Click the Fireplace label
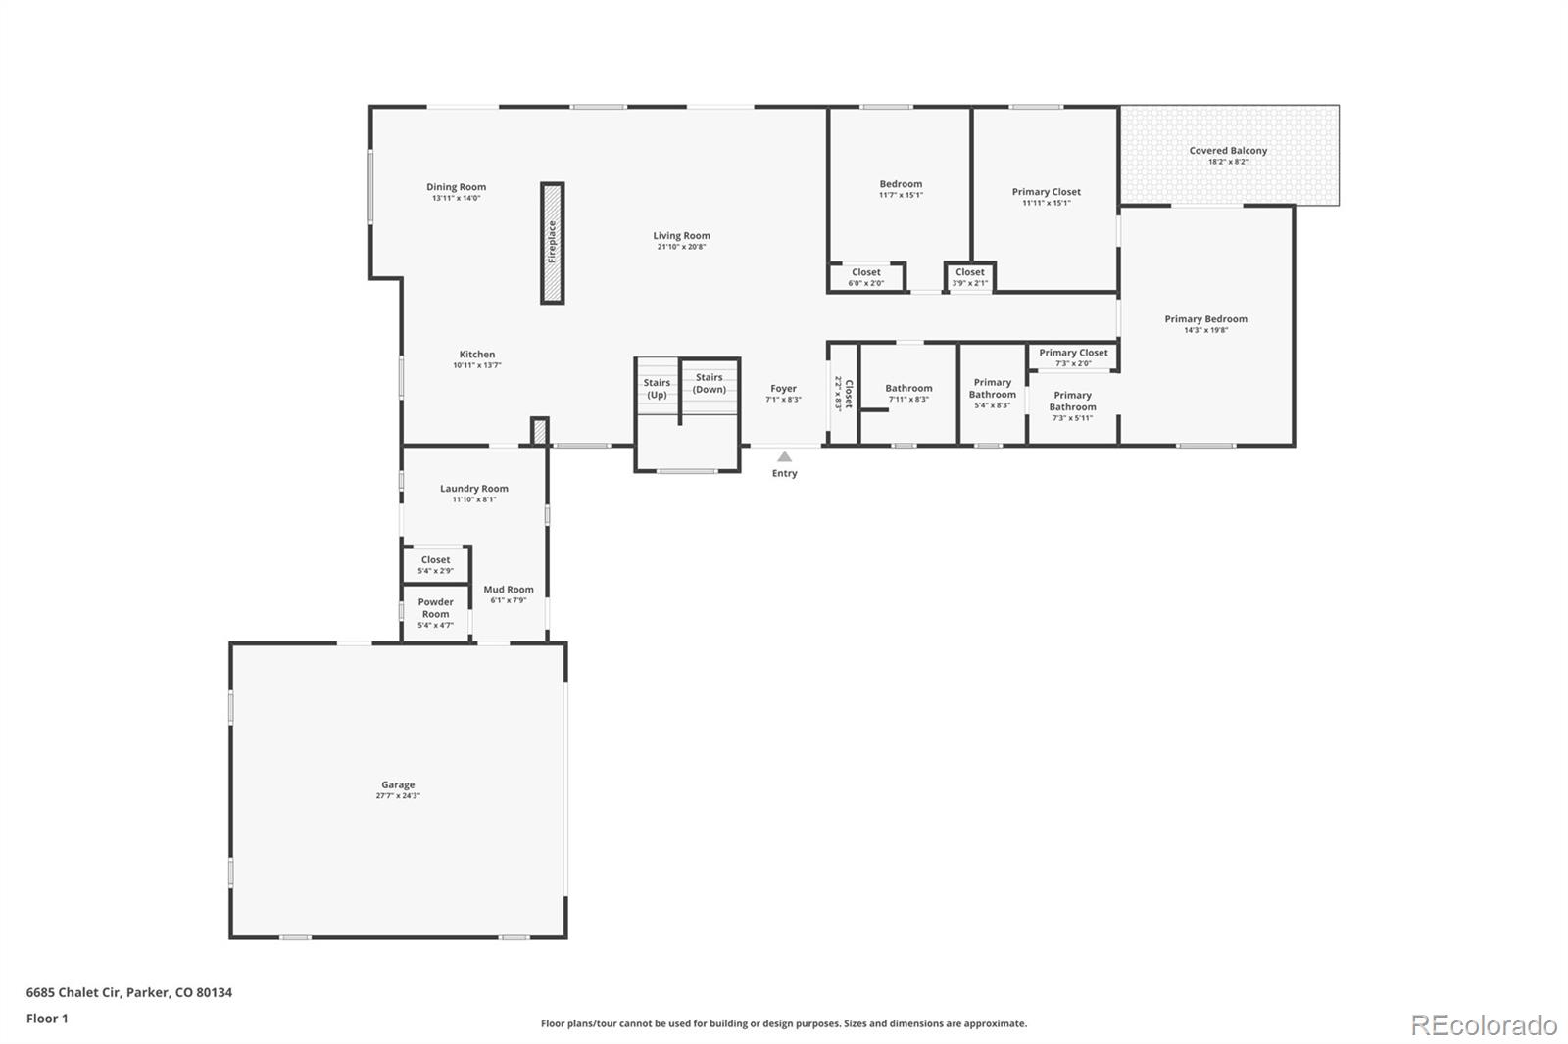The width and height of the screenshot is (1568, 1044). pos(552,242)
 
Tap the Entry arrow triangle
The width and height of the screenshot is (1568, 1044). pos(784,456)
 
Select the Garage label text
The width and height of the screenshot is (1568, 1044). pos(398,784)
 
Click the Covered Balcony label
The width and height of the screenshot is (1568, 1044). pos(1228,151)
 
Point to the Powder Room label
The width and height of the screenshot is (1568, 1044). pos(435,608)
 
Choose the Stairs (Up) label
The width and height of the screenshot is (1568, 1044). pos(657,389)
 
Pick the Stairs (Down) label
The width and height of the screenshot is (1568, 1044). pos(709,383)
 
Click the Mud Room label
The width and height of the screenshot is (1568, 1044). pos(508,590)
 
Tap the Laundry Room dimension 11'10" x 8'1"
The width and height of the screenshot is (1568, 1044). pos(474,499)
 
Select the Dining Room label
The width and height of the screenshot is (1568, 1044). pos(456,187)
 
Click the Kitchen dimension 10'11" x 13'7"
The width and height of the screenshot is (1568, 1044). pos(477,365)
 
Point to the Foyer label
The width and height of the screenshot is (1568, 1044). pos(783,389)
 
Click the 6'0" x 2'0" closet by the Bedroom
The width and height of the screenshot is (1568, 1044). pos(865,277)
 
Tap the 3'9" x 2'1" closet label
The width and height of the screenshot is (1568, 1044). pos(969,277)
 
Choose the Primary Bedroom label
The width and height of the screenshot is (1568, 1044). pos(1205,319)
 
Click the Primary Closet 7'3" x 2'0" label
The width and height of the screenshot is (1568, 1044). pos(1073,357)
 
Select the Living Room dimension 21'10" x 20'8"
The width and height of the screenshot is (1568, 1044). pos(681,247)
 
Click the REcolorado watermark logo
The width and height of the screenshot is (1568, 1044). pos(1484,1025)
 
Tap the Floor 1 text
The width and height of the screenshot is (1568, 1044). pos(47,1019)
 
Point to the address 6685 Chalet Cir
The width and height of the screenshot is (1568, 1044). pos(73,992)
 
